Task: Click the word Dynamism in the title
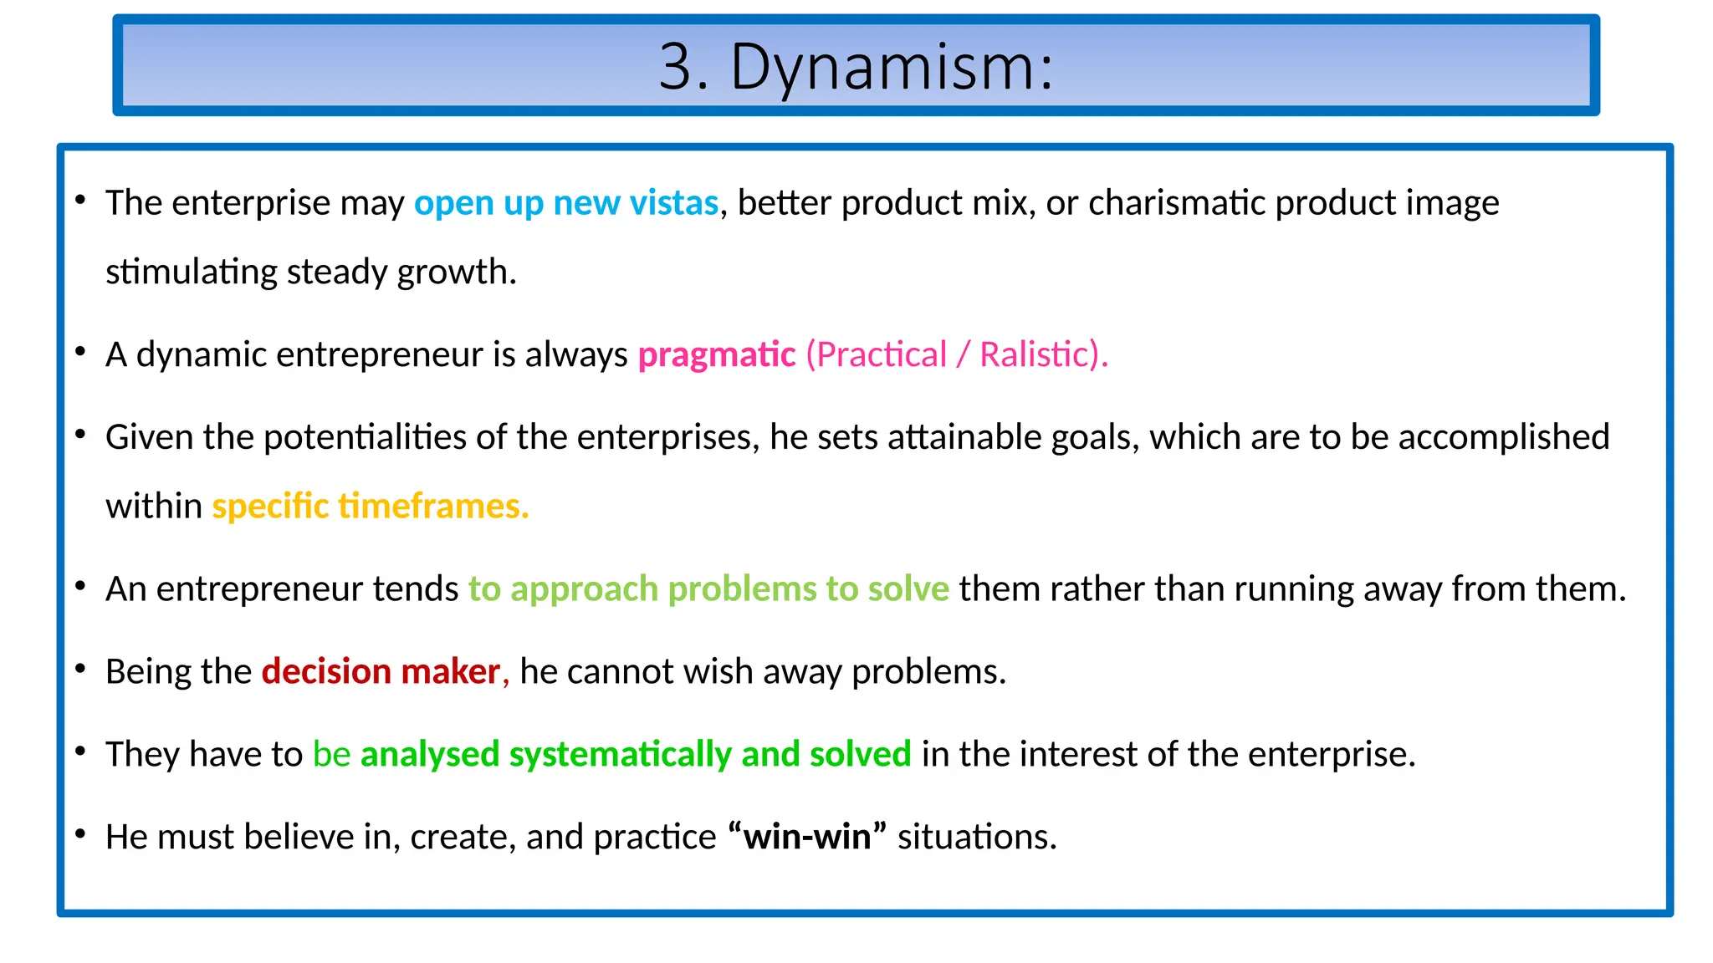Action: click(892, 68)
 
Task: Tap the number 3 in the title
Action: click(676, 68)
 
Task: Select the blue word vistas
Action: click(673, 203)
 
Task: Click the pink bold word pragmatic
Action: click(717, 355)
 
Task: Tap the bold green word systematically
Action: click(620, 755)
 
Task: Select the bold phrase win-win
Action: click(807, 837)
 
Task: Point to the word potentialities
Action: click(365, 437)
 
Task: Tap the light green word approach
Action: click(584, 589)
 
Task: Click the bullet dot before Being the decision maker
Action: click(80, 669)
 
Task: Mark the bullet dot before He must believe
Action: click(80, 834)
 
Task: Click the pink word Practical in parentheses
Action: click(882, 355)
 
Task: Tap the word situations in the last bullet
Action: click(977, 837)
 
